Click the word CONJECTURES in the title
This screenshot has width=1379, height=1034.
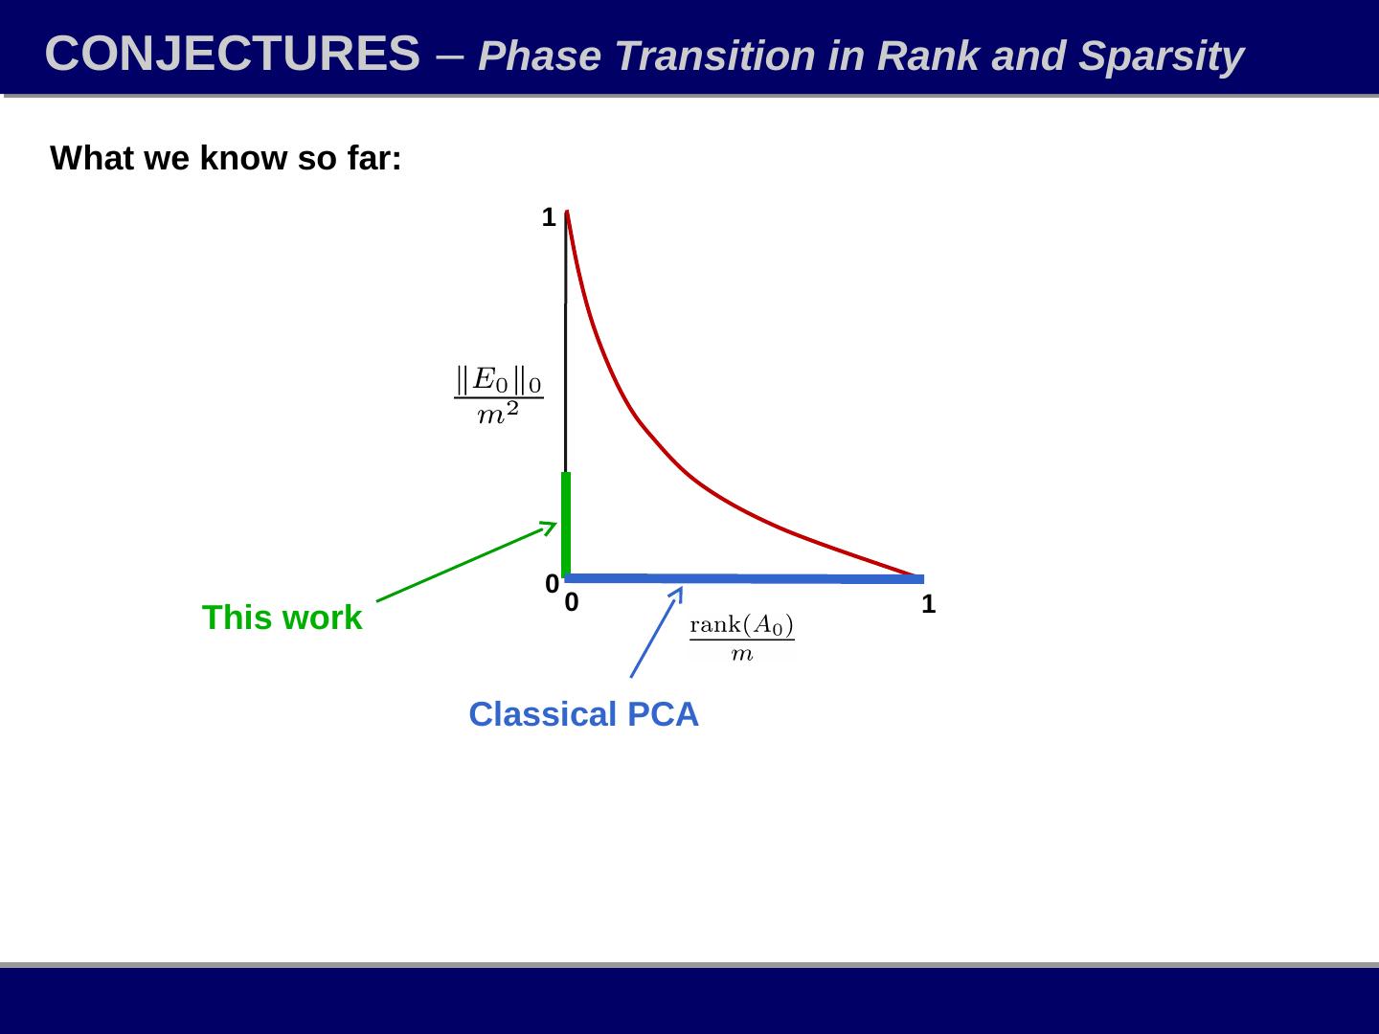point(232,54)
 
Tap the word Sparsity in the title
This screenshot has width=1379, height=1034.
point(1161,56)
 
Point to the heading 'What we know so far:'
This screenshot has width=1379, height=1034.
point(226,159)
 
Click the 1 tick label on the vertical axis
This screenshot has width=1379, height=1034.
point(549,218)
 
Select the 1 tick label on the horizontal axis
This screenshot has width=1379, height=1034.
point(928,604)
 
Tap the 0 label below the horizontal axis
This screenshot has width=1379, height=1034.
point(571,603)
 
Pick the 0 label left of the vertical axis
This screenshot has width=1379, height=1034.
point(552,582)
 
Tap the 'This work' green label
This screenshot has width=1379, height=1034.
point(282,618)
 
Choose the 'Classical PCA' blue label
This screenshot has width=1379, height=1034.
point(583,715)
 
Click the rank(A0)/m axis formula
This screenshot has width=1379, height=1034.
point(742,639)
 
